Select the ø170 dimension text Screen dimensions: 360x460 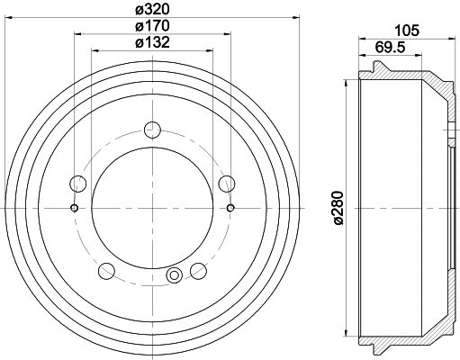click(x=152, y=27)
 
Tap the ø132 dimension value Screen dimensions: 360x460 click(x=152, y=42)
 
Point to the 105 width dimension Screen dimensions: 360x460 click(x=407, y=31)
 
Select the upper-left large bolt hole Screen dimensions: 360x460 click(x=78, y=185)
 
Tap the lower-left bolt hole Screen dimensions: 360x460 click(x=106, y=269)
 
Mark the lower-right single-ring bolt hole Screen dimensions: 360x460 click(x=198, y=269)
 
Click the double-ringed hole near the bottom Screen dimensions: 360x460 click(x=175, y=275)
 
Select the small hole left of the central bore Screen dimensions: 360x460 click(x=74, y=209)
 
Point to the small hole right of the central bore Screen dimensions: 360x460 click(x=230, y=209)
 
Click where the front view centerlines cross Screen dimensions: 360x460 click(x=152, y=209)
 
